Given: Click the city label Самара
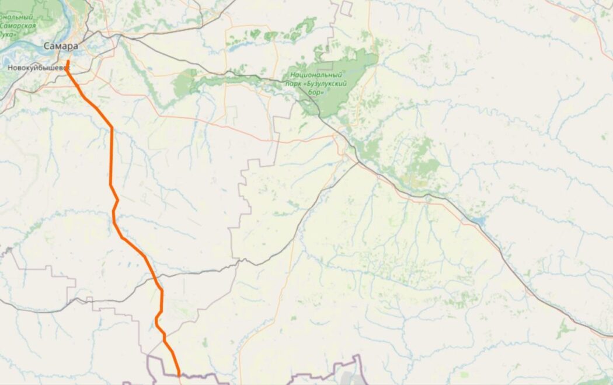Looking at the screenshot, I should coord(61,46).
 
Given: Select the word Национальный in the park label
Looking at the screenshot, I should coord(316,75).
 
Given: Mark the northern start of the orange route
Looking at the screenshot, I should coord(68,61).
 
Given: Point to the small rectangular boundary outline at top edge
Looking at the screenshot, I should coord(347,8).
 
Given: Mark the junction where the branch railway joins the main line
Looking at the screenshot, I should coord(357,163).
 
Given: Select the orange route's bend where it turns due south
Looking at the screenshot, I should coord(112,128).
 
